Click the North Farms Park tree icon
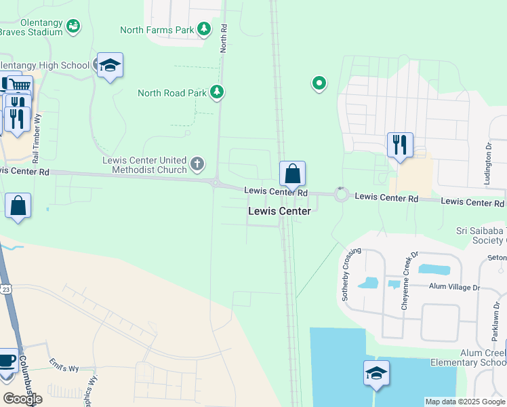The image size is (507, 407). [x=203, y=29]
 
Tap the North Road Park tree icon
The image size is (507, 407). [x=217, y=92]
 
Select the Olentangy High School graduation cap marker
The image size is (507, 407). [x=110, y=66]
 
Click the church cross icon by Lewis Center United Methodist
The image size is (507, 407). [x=197, y=163]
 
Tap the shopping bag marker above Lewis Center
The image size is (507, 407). [x=292, y=174]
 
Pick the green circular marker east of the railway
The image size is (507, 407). [x=319, y=83]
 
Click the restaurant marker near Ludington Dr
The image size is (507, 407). [x=400, y=145]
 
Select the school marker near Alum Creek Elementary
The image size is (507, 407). [x=377, y=374]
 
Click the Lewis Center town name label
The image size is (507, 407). [x=279, y=211]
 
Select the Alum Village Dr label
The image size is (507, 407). [x=453, y=287]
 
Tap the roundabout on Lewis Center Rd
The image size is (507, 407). [x=341, y=195]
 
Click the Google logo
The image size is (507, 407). [x=22, y=398]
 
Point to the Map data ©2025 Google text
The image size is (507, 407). [x=464, y=402]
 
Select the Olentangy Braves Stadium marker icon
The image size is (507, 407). [x=74, y=26]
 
